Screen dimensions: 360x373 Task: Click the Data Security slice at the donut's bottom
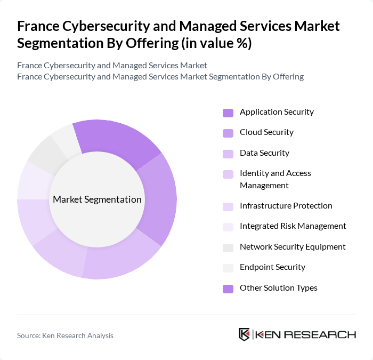[x=120, y=259]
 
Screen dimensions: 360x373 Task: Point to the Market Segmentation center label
[x=97, y=200]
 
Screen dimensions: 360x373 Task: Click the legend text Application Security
[x=277, y=112]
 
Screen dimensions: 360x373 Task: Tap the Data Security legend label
[x=264, y=153]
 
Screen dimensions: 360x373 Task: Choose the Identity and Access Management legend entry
[x=275, y=179]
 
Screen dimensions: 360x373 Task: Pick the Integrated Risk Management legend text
[x=293, y=226]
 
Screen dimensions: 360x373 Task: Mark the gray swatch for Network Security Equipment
[x=228, y=247]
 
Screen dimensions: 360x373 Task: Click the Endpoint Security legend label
[x=272, y=267]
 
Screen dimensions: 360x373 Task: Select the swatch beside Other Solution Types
[x=228, y=289]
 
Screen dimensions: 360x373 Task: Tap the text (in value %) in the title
[x=216, y=43]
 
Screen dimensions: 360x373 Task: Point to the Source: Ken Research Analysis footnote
[x=65, y=335]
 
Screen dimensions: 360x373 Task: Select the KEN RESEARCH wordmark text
[x=306, y=335]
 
